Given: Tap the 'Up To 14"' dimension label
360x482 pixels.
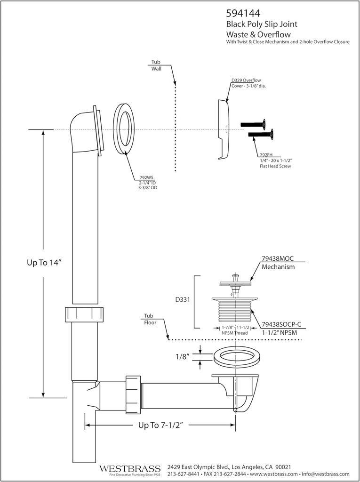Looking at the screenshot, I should click(x=44, y=263).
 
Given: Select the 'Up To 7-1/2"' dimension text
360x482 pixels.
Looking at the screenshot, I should click(x=160, y=425).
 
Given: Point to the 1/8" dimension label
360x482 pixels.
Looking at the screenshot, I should click(x=183, y=356).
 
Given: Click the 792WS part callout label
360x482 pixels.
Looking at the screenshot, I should click(x=146, y=178).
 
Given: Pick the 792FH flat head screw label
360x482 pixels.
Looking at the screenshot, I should click(x=266, y=155).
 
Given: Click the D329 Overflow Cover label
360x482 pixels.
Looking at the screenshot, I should click(x=246, y=81).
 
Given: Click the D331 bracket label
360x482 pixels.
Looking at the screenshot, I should click(x=182, y=299).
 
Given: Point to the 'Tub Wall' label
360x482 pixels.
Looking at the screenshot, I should click(x=156, y=65).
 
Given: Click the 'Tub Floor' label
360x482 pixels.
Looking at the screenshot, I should click(x=150, y=319).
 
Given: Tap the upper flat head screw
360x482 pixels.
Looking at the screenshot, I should click(x=253, y=124).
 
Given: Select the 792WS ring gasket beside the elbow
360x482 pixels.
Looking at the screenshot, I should click(x=124, y=128).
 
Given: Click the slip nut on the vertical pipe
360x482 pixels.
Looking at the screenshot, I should click(x=84, y=314).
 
